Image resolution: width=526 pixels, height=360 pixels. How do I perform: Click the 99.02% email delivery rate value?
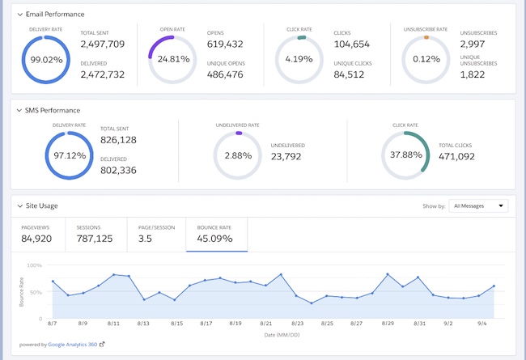[46, 60]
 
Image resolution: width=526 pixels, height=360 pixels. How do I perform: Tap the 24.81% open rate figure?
[173, 59]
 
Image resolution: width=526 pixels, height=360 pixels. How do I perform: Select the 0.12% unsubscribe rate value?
[426, 59]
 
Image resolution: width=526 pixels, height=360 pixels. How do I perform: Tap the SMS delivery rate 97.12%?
[70, 155]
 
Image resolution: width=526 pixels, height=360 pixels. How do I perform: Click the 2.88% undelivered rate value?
[239, 155]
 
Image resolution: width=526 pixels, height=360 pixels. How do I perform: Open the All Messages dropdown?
[478, 206]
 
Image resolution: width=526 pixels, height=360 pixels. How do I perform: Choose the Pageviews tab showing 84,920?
[36, 239]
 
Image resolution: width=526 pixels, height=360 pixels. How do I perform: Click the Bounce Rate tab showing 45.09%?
[216, 239]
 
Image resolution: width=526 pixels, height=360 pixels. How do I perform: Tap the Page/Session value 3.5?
[146, 239]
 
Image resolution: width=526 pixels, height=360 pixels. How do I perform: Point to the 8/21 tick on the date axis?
[267, 323]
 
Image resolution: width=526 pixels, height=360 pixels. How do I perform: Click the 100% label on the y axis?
[34, 265]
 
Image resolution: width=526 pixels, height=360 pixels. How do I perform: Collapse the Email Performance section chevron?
[19, 15]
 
